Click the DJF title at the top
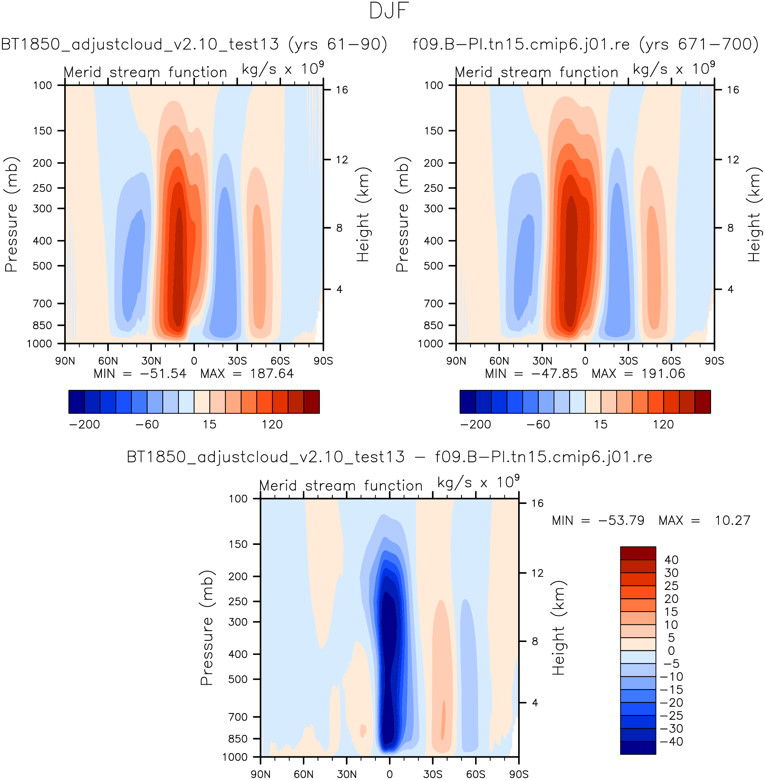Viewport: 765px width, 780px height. (389, 11)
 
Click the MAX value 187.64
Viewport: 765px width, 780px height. (272, 374)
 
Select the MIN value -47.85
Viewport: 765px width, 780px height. (554, 374)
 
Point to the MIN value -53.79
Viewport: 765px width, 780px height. (621, 520)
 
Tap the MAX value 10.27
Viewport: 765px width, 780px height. (732, 520)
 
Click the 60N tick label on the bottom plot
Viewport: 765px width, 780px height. (303, 774)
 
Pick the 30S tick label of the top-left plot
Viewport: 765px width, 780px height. (237, 361)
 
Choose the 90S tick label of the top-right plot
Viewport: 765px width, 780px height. (714, 361)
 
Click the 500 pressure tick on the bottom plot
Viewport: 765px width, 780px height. (238, 679)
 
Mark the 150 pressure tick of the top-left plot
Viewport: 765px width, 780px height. (43, 131)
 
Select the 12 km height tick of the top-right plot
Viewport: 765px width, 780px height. (733, 160)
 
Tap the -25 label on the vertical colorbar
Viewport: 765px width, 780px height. (671, 715)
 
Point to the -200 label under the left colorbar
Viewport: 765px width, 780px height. (84, 424)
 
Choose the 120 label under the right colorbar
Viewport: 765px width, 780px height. (663, 424)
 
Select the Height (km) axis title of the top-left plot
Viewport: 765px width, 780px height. (363, 215)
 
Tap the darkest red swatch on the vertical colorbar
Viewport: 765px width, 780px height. (638, 553)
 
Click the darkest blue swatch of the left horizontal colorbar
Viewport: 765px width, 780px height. (76, 402)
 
